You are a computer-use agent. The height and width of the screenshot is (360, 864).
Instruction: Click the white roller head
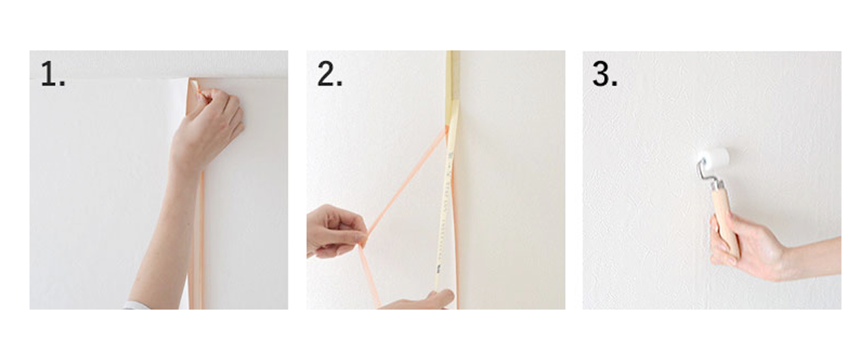[x=714, y=158]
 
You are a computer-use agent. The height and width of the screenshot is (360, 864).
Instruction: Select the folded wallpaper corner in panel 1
[x=194, y=96]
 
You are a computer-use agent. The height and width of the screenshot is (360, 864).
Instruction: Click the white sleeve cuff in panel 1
[x=136, y=305]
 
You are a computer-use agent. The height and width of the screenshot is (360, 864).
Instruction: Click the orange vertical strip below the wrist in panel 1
[x=196, y=239]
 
